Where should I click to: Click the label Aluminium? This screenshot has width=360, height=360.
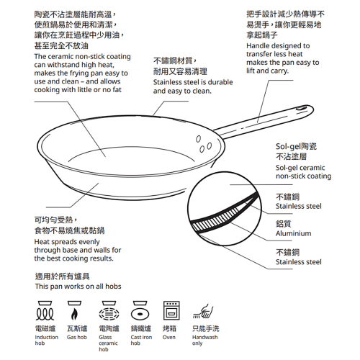[x=294, y=233]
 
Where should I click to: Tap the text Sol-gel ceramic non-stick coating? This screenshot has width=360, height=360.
[x=303, y=171]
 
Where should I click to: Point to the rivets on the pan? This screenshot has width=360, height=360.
[x=203, y=143]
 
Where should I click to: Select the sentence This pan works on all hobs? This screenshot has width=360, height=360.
[x=78, y=287]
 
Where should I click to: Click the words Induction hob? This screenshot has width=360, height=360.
[x=46, y=340]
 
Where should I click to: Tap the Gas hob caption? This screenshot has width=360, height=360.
[x=76, y=337]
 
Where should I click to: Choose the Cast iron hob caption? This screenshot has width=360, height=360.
[x=141, y=340]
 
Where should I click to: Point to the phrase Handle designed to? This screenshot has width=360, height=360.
[x=278, y=45]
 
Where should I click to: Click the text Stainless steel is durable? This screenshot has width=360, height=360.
[x=193, y=82]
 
